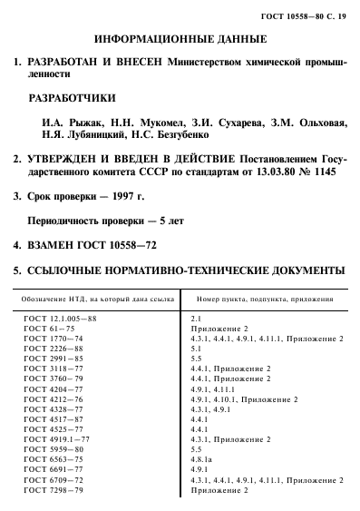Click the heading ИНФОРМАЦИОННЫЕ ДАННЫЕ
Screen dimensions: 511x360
(x=179, y=40)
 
